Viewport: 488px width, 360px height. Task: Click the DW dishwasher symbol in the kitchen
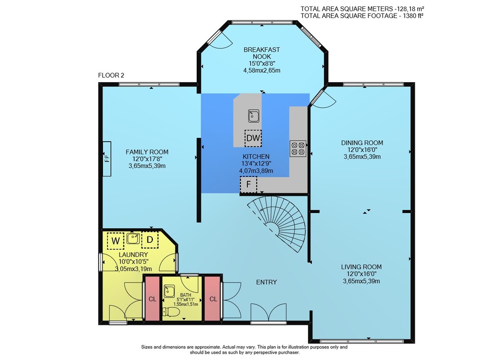pyautogui.click(x=253, y=138)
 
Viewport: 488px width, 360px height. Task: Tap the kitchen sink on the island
pyautogui.click(x=254, y=116)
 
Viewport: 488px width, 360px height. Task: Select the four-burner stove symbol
pyautogui.click(x=298, y=148)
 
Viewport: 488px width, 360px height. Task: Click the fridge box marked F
pyautogui.click(x=248, y=184)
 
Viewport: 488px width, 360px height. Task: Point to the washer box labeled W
pyautogui.click(x=116, y=240)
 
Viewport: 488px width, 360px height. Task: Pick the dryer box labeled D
pyautogui.click(x=150, y=240)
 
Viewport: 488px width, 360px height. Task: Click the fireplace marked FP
pyautogui.click(x=107, y=159)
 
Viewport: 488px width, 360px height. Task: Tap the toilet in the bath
pyautogui.click(x=171, y=312)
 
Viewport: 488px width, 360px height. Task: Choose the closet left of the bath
pyautogui.click(x=152, y=298)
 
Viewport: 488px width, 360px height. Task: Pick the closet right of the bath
pyautogui.click(x=213, y=298)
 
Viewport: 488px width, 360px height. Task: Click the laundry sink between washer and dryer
pyautogui.click(x=133, y=239)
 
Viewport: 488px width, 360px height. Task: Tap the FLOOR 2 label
pyautogui.click(x=111, y=75)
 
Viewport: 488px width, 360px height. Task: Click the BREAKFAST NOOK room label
pyautogui.click(x=262, y=53)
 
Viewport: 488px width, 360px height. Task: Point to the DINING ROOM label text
pyautogui.click(x=362, y=143)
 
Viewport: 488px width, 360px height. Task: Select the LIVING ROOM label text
pyautogui.click(x=361, y=267)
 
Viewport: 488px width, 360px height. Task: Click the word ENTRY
pyautogui.click(x=266, y=282)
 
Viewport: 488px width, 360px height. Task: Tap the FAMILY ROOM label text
pyautogui.click(x=147, y=152)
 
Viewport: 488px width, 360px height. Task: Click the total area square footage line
pyautogui.click(x=362, y=16)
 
